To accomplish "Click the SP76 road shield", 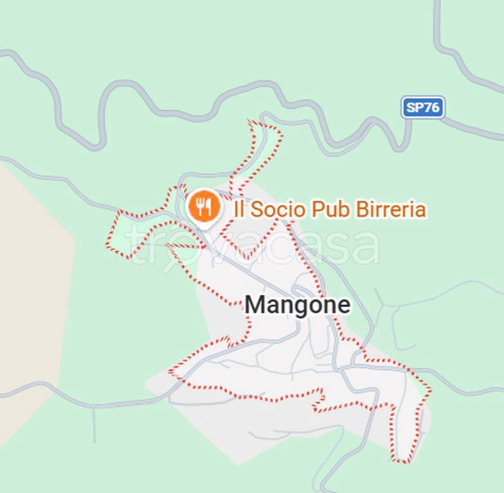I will click(423, 107).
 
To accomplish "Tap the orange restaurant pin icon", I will click(204, 207).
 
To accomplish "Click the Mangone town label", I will click(298, 304).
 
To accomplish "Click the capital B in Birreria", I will click(363, 209).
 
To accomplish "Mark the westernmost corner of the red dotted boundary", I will click(107, 245).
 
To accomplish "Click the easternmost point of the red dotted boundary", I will click(430, 389).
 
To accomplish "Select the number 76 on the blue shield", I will click(432, 107).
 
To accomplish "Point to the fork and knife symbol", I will click(204, 206).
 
